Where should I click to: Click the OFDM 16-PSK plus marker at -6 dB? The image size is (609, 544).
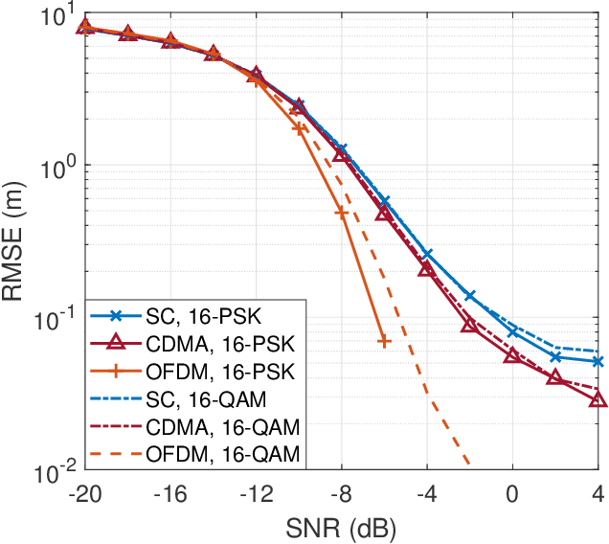pyautogui.click(x=384, y=341)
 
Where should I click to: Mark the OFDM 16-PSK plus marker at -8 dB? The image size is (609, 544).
pyautogui.click(x=341, y=213)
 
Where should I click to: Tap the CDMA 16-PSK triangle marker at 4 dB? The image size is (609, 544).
pyautogui.click(x=598, y=398)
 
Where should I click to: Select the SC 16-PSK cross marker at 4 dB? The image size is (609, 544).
pyautogui.click(x=598, y=361)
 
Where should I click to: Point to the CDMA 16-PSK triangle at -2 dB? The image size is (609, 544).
pyautogui.click(x=469, y=327)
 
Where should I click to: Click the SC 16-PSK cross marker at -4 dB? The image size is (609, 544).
pyautogui.click(x=427, y=255)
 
